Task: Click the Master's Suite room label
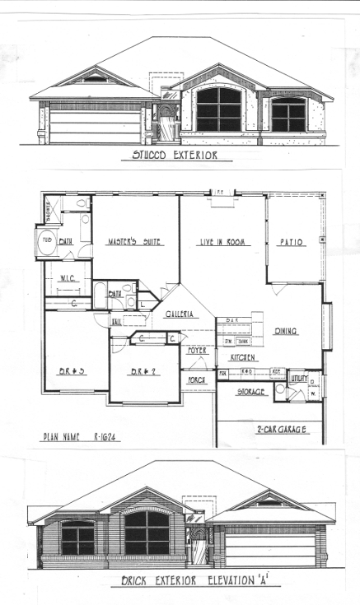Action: click(x=135, y=242)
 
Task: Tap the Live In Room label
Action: click(x=223, y=242)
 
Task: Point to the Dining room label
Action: click(x=286, y=331)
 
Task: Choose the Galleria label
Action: click(x=180, y=314)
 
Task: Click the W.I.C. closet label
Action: click(x=68, y=277)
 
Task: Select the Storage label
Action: click(x=252, y=392)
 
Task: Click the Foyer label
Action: click(x=198, y=350)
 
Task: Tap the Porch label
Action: click(x=198, y=380)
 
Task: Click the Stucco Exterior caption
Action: click(x=175, y=154)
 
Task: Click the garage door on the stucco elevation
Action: click(x=96, y=127)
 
